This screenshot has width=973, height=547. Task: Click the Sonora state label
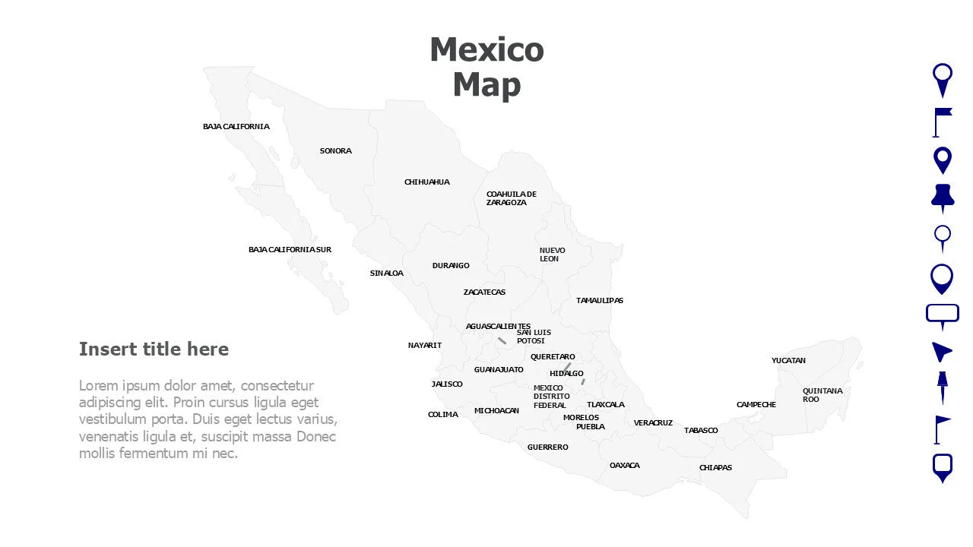[335, 151]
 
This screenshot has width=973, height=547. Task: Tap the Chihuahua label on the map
[426, 182]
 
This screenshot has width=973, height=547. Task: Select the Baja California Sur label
[290, 250]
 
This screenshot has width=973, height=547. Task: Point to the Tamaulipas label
[599, 301]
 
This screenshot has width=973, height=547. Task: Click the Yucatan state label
[788, 361]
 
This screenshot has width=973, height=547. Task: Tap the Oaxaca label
[624, 466]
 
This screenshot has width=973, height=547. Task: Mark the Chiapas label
[715, 468]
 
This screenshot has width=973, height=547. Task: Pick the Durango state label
[451, 266]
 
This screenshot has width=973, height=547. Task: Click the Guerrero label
[547, 447]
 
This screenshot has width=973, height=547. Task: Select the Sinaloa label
[386, 273]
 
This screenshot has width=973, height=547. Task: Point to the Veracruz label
[653, 423]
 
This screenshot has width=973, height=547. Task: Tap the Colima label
[442, 415]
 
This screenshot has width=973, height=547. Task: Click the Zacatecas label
[484, 292]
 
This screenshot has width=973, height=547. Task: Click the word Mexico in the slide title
[486, 50]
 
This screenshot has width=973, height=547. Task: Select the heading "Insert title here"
[154, 349]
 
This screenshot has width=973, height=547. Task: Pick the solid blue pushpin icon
[943, 198]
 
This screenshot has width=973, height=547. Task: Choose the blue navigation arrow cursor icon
[941, 351]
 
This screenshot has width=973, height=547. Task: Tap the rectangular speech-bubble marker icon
[943, 315]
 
